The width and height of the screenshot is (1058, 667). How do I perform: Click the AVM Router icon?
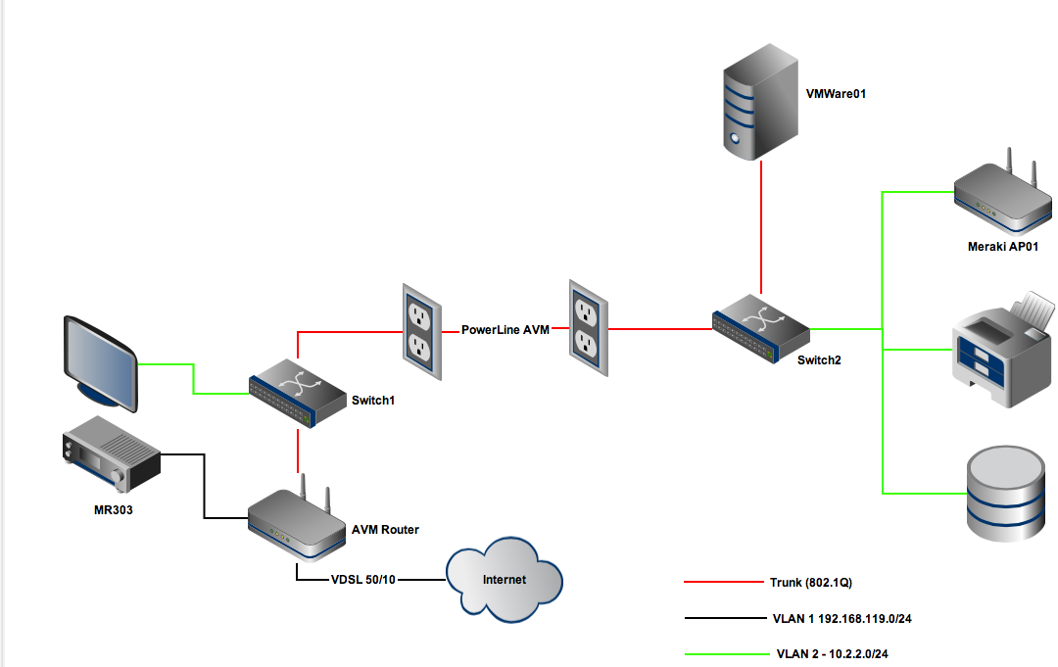(295, 524)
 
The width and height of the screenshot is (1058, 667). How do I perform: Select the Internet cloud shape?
(505, 579)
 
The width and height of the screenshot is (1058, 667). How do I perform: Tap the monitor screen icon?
(101, 360)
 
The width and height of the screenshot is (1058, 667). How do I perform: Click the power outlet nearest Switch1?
(419, 331)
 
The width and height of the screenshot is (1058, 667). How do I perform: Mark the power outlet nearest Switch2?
(584, 328)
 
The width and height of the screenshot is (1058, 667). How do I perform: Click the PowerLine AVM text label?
(505, 330)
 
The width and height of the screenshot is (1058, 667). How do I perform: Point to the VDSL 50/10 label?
(362, 580)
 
